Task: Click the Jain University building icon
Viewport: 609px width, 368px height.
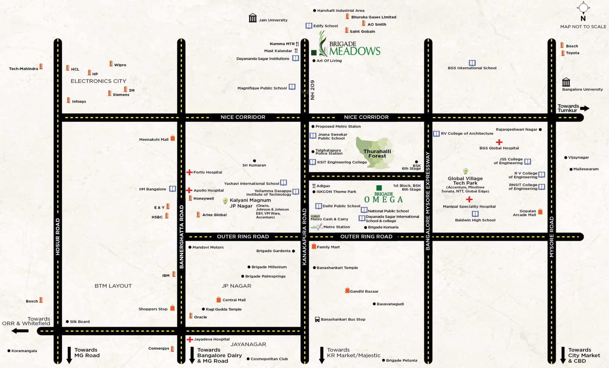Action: [252, 18]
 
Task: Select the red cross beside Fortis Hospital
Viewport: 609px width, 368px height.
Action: [189, 172]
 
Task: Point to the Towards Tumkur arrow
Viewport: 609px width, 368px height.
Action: [585, 108]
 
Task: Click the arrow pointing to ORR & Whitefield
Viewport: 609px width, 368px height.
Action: [20, 331]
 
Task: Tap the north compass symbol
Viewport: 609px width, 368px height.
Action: [583, 8]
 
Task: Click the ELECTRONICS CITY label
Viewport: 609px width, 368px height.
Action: [98, 81]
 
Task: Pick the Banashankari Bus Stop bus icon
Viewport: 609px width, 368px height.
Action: [317, 319]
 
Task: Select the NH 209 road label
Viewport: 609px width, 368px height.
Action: [312, 90]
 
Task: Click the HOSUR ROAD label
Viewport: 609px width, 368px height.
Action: [58, 237]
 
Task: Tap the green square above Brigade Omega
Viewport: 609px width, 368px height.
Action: [379, 188]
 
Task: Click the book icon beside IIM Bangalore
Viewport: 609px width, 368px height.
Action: [172, 189]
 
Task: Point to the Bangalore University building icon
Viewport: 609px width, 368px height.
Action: [566, 82]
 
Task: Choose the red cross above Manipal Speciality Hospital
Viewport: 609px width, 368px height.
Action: [469, 199]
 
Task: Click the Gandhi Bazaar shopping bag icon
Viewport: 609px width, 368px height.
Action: [347, 290]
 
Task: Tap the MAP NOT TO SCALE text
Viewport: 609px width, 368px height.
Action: [583, 27]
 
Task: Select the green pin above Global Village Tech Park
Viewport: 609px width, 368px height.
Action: [465, 171]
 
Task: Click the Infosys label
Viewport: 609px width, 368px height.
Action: [79, 101]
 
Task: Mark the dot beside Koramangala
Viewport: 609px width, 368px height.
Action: [9, 351]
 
